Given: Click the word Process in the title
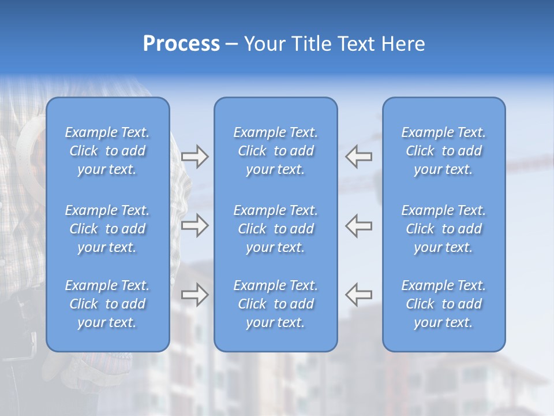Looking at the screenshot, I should (181, 44).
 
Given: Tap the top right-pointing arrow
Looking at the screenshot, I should (195, 157).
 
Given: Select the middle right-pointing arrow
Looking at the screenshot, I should (195, 225).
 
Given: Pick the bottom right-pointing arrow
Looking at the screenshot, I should (195, 294).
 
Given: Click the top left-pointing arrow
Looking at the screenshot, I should (359, 157).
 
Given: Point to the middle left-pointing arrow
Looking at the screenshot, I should (359, 225).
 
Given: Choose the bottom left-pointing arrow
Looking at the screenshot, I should (359, 294).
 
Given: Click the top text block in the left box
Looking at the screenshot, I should (107, 151).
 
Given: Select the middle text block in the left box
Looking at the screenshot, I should (107, 229).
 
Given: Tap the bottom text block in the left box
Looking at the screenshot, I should (107, 304).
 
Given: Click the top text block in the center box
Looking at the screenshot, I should (276, 151).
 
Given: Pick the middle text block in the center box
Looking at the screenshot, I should (276, 229).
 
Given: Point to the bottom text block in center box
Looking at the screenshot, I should (276, 304).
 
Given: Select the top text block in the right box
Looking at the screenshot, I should (444, 151).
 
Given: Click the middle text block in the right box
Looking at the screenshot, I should (444, 229).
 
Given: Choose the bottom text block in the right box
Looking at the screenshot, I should (444, 304).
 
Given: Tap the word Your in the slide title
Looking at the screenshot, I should (263, 44).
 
